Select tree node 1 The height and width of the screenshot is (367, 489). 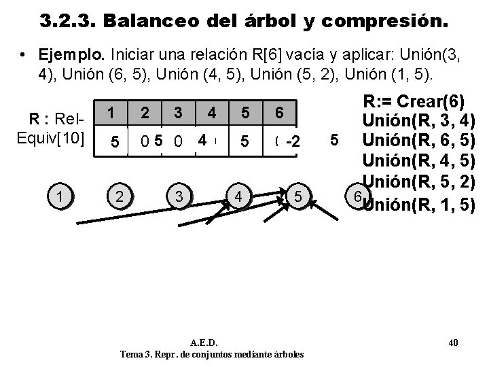point(62,197)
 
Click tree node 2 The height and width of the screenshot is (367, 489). point(119,197)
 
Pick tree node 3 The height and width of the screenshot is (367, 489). point(178,197)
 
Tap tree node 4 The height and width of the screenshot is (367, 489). point(238,197)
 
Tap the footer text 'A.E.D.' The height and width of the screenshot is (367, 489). point(211,343)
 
